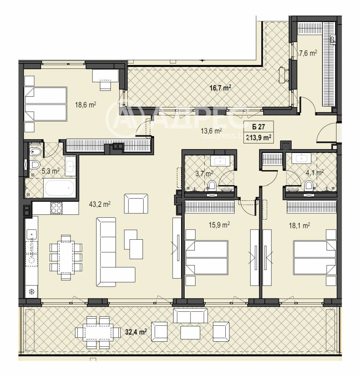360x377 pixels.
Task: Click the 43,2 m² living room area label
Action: click(x=99, y=204)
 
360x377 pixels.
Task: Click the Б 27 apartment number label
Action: click(x=257, y=127)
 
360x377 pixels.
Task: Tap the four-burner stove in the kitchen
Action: click(x=56, y=208)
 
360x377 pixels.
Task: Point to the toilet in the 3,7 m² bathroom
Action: click(x=212, y=186)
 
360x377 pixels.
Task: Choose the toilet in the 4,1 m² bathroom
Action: click(x=309, y=186)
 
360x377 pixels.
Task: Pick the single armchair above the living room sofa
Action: click(x=136, y=203)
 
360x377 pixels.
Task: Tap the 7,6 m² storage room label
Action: click(x=308, y=53)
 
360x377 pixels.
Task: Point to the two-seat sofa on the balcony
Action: click(x=191, y=315)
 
